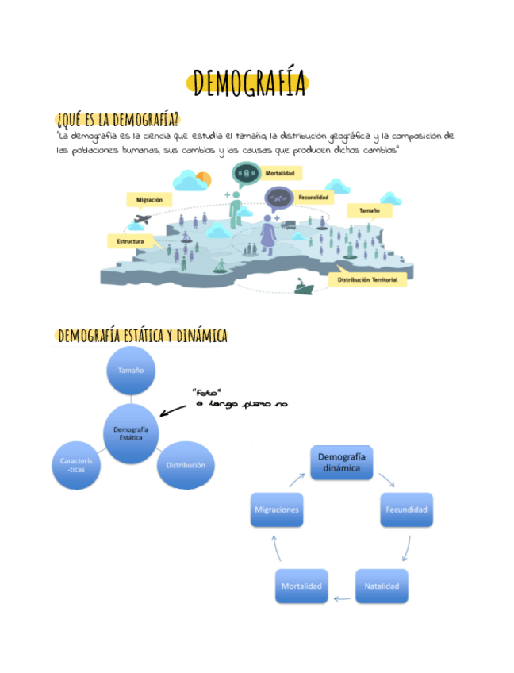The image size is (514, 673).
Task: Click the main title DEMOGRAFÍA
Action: tap(249, 83)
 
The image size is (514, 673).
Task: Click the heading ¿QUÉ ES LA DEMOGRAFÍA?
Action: tap(117, 120)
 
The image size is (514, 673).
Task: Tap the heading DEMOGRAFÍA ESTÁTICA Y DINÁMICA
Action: tap(143, 336)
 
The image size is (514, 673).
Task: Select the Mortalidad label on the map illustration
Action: tap(282, 172)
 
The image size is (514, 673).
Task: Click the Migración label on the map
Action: tap(150, 200)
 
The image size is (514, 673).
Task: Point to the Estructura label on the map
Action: tap(130, 240)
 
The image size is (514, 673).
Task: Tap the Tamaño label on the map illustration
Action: tap(370, 210)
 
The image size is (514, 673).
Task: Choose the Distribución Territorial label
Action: tap(367, 279)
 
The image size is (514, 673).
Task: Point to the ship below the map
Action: tap(303, 286)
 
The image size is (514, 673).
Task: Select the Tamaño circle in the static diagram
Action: tap(131, 371)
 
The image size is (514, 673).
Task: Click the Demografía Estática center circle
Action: tap(131, 433)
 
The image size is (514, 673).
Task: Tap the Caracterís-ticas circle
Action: tap(77, 464)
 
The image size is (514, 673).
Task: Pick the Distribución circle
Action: tap(186, 465)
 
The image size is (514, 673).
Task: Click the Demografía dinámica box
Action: tap(340, 463)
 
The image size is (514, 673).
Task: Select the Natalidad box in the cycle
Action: tap(382, 586)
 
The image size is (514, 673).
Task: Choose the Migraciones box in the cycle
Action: tap(276, 509)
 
